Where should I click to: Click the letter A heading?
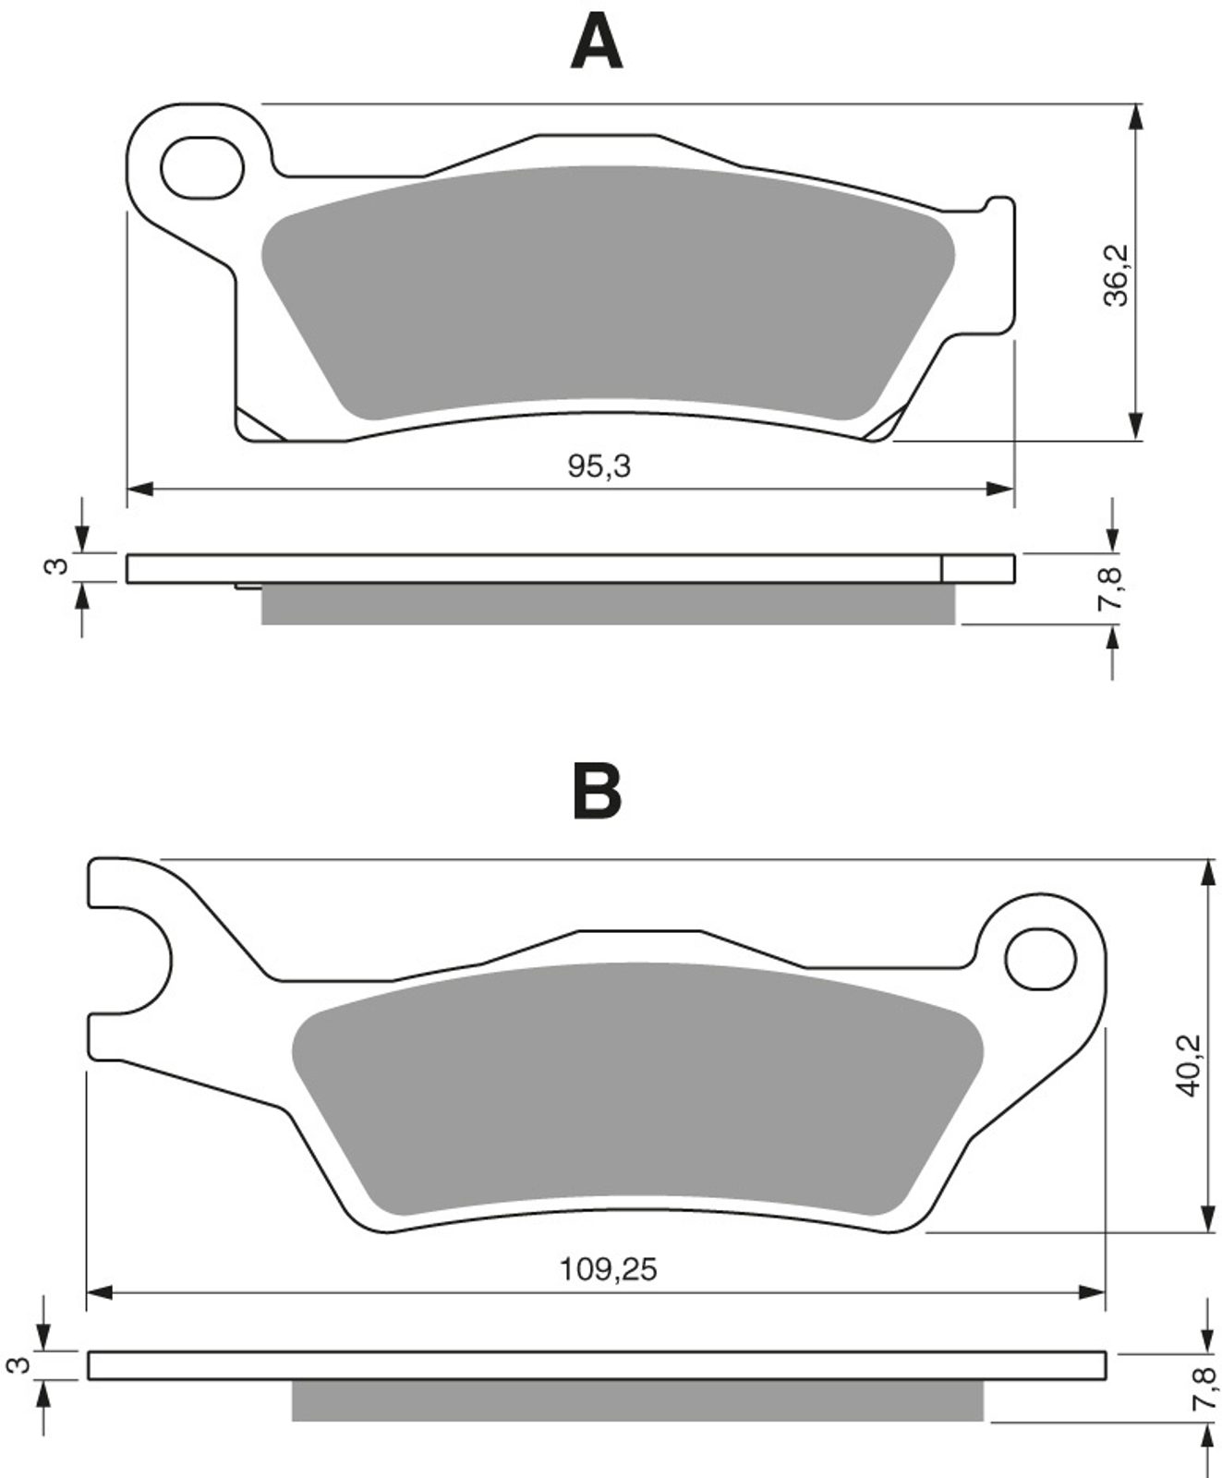(x=597, y=44)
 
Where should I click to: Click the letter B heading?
(x=597, y=791)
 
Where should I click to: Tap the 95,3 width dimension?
(x=599, y=466)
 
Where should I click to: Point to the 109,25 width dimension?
(x=609, y=1269)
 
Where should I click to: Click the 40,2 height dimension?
(x=1188, y=1064)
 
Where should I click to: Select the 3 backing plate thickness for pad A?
(x=58, y=566)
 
